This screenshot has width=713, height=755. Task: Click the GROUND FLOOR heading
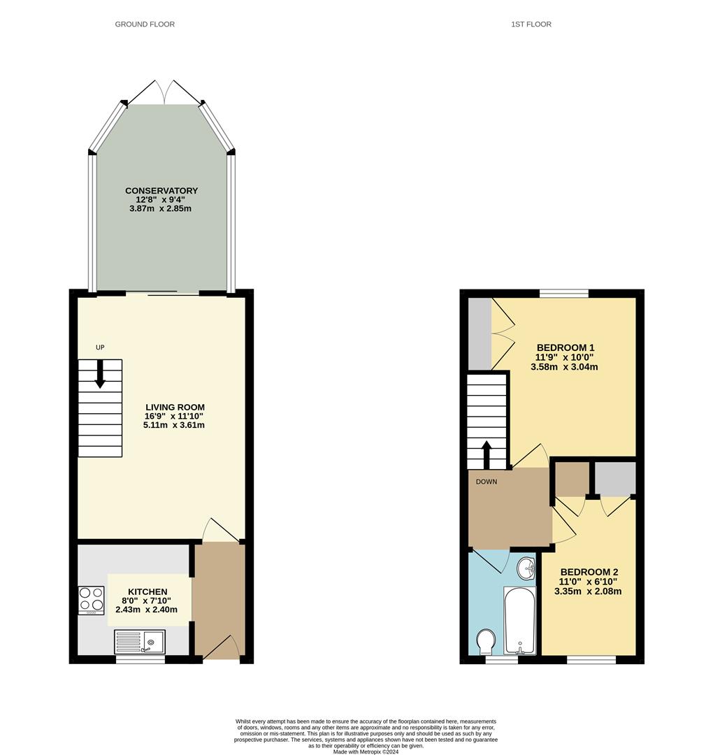coord(145,24)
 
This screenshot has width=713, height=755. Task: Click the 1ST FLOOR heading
coord(531,24)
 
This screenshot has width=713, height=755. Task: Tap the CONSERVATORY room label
coord(161,191)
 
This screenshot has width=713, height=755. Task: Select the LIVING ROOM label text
coord(175,408)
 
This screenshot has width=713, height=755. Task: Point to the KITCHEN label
coord(147,592)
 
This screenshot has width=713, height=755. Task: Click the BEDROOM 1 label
coord(565,347)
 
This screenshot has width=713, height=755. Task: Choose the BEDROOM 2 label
coord(589,571)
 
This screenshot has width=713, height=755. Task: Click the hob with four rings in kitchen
coord(91,600)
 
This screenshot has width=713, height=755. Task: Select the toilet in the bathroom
coord(486,641)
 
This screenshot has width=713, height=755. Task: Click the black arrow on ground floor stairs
coord(100,374)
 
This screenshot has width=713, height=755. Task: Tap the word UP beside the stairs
coord(100,347)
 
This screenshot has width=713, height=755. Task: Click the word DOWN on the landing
coord(486,482)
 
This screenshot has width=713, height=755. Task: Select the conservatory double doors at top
coord(164,92)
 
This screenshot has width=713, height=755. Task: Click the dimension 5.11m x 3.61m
coord(175,425)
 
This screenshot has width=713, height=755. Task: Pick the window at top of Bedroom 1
coord(563,294)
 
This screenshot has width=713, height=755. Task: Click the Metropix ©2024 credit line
coord(366,752)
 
